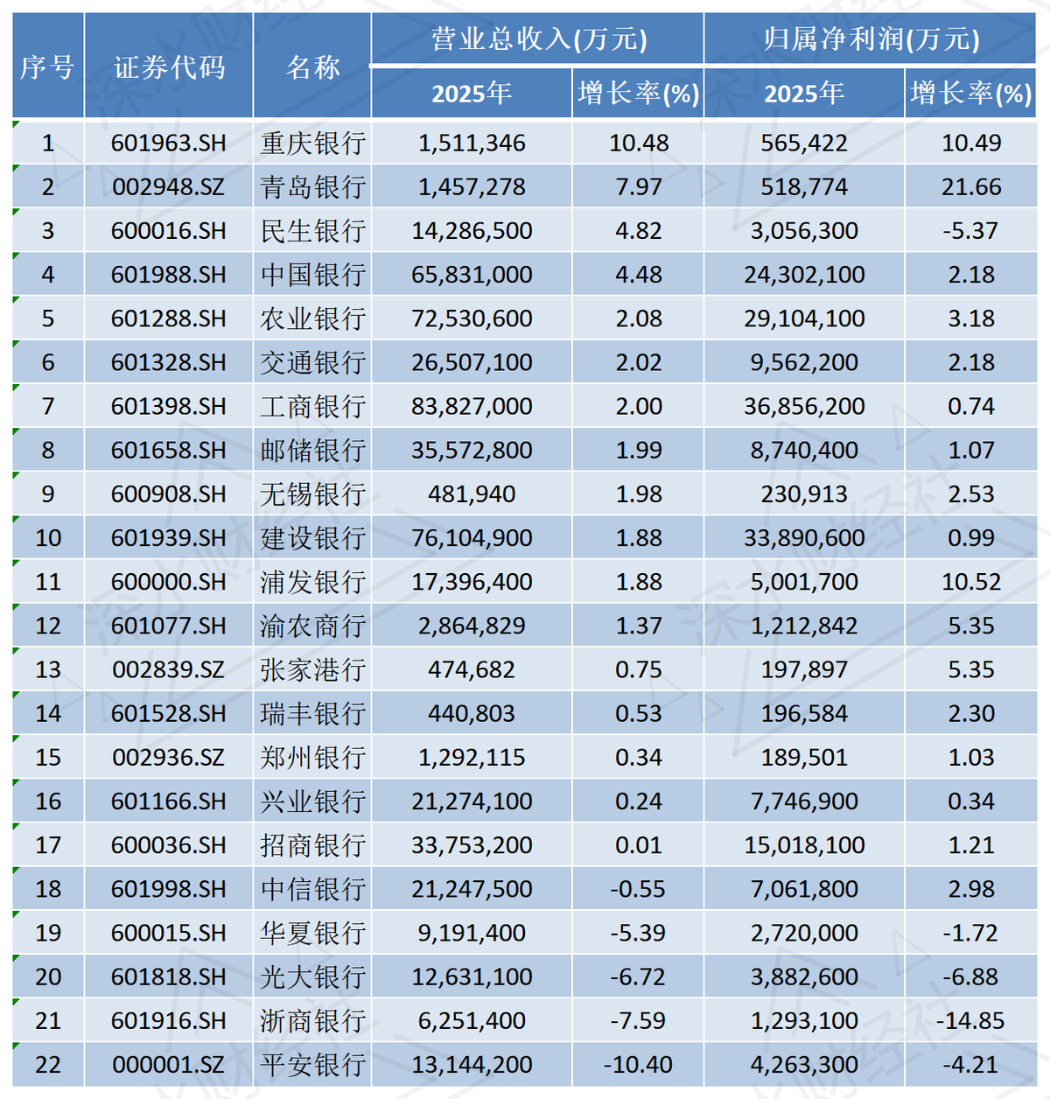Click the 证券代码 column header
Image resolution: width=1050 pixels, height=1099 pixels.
click(x=169, y=66)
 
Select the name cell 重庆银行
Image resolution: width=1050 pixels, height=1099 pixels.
click(x=312, y=143)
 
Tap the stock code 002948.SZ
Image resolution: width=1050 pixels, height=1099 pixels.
click(x=169, y=186)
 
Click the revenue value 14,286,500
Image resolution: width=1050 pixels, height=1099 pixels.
click(x=472, y=231)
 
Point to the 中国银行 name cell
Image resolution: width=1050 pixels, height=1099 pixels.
click(x=312, y=275)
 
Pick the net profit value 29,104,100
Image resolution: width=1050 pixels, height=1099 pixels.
click(x=804, y=318)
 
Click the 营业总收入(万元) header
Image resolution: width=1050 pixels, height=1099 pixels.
click(x=538, y=39)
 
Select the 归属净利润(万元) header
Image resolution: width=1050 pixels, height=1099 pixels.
click(x=871, y=39)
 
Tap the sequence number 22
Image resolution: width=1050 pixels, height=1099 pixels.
click(x=48, y=1065)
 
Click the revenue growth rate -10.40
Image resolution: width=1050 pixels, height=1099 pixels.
click(x=638, y=1065)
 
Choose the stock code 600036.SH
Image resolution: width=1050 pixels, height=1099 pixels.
click(x=169, y=845)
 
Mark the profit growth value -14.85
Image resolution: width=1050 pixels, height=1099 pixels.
click(x=970, y=1021)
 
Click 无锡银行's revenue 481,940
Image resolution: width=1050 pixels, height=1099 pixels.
click(x=472, y=494)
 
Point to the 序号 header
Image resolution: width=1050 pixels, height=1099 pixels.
click(x=48, y=66)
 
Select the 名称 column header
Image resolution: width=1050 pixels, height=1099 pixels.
click(x=312, y=66)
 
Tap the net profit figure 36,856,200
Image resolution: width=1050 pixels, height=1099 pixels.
click(x=804, y=406)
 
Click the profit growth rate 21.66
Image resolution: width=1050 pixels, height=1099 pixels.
click(x=970, y=186)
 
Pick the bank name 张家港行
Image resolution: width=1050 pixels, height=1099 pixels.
click(x=312, y=670)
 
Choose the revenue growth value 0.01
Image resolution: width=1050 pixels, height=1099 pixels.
click(x=638, y=845)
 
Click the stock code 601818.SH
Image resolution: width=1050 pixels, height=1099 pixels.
click(x=169, y=977)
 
